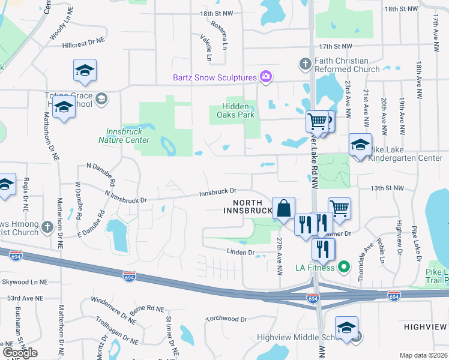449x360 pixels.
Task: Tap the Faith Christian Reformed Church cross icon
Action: tap(305, 62)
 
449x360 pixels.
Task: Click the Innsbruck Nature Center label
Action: tap(124, 136)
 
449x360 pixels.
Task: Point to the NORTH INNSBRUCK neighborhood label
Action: tap(248, 206)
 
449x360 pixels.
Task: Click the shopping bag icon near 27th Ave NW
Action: tap(283, 208)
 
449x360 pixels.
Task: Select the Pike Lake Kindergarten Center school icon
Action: tap(360, 145)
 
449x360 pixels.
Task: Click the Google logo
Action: tap(20, 353)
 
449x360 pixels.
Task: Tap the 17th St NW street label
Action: tap(336, 46)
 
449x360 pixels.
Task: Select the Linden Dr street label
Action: tap(241, 253)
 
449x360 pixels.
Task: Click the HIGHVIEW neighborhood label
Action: tap(425, 327)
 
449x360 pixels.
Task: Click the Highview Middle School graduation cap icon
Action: tap(346, 328)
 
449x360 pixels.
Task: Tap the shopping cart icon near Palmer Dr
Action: tap(339, 208)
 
